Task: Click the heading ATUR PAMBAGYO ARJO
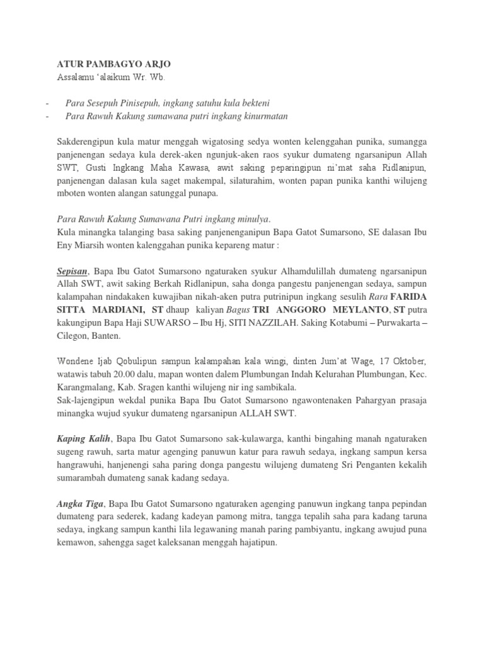[113, 65]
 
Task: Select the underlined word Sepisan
[71, 271]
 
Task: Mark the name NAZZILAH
[281, 322]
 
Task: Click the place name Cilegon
[71, 336]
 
